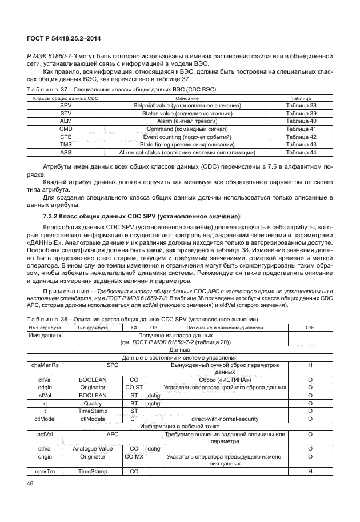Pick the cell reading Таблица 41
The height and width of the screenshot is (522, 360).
[301, 129]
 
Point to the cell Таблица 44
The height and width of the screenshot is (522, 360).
[301, 153]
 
